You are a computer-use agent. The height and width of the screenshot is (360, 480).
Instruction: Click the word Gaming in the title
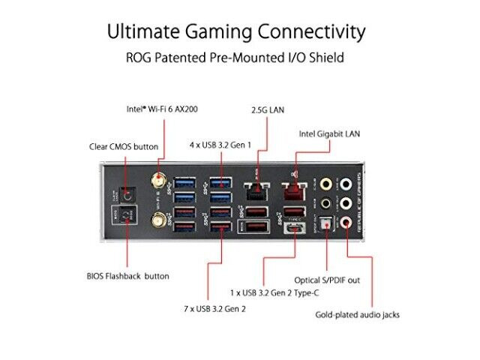(x=218, y=32)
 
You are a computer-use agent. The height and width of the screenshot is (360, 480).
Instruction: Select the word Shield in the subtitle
(x=327, y=58)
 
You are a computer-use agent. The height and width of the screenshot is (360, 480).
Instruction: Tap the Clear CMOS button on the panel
(x=127, y=195)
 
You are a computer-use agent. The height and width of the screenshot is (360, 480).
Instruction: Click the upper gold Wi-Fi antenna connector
(x=158, y=181)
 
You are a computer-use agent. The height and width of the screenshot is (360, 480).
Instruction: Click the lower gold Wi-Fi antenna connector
(x=158, y=220)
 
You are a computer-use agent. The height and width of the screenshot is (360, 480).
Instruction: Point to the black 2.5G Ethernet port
(x=257, y=191)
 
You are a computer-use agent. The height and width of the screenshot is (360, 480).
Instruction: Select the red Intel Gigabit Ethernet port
(x=294, y=191)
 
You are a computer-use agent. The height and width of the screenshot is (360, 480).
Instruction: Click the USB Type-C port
(x=295, y=228)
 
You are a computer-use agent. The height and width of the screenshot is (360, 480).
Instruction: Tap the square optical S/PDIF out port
(x=325, y=223)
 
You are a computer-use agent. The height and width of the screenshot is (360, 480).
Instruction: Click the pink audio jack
(x=346, y=222)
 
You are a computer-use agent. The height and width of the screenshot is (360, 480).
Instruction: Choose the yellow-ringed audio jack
(x=325, y=184)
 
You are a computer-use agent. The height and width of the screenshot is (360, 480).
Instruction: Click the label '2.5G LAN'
(x=268, y=110)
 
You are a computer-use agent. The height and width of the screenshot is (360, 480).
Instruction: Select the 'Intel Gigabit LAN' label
(x=329, y=134)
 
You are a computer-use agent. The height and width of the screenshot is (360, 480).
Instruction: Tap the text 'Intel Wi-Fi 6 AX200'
(x=162, y=109)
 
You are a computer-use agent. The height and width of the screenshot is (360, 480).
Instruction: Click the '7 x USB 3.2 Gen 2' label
(x=214, y=309)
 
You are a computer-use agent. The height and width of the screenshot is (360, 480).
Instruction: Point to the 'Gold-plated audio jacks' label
(x=357, y=315)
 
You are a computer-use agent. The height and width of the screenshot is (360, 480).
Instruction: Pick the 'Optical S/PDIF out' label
(x=327, y=280)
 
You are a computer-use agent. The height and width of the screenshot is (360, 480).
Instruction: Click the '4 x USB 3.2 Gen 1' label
(x=220, y=145)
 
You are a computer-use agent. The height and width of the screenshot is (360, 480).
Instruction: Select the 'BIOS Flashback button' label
(x=128, y=276)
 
